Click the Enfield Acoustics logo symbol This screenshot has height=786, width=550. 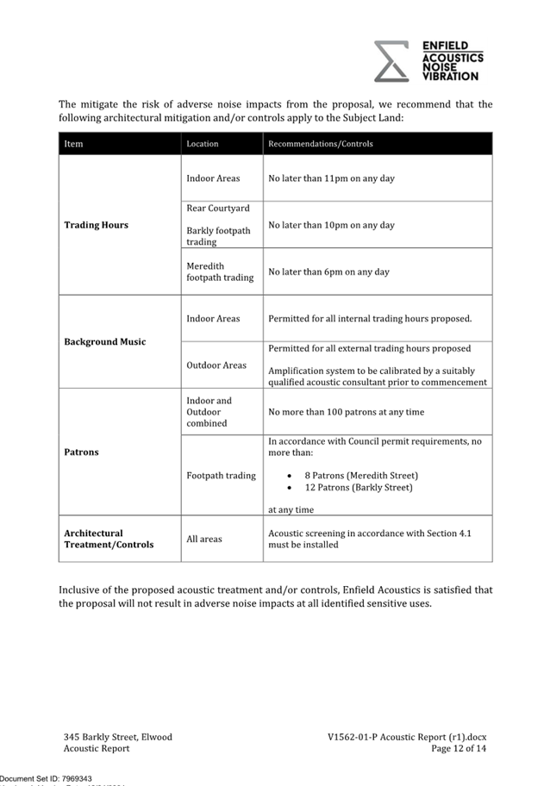[391, 60]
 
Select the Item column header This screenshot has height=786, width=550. [73, 144]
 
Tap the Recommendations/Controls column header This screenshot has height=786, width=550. [320, 144]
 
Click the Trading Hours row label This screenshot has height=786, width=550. [96, 225]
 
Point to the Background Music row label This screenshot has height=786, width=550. [104, 342]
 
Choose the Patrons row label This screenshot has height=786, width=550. [81, 452]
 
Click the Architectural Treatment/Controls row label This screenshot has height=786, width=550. [109, 539]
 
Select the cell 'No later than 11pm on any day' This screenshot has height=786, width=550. [331, 178]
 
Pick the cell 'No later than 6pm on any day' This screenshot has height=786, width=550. [328, 271]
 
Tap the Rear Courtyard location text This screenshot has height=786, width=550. [218, 209]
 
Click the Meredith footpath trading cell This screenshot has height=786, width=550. [220, 271]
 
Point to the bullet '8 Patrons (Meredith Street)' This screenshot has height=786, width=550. [360, 475]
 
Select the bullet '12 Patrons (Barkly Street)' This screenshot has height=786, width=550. [358, 487]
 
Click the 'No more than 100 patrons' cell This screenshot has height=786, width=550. [346, 412]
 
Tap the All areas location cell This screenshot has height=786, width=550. [204, 539]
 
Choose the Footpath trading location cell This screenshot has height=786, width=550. [221, 475]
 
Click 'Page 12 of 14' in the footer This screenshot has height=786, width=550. [459, 749]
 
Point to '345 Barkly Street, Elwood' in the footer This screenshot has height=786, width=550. [117, 737]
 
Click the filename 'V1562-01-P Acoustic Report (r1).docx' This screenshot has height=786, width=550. [407, 737]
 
